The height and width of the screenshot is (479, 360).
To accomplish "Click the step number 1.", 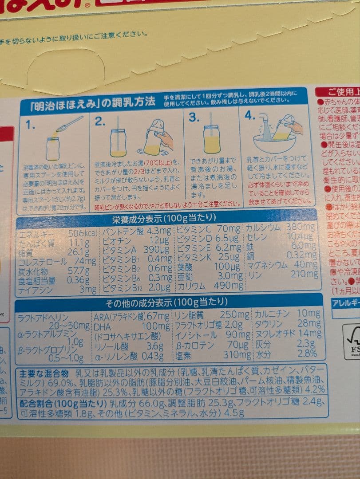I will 30,125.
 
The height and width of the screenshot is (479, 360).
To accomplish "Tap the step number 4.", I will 250,116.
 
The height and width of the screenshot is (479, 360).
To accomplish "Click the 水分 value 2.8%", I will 307,353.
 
